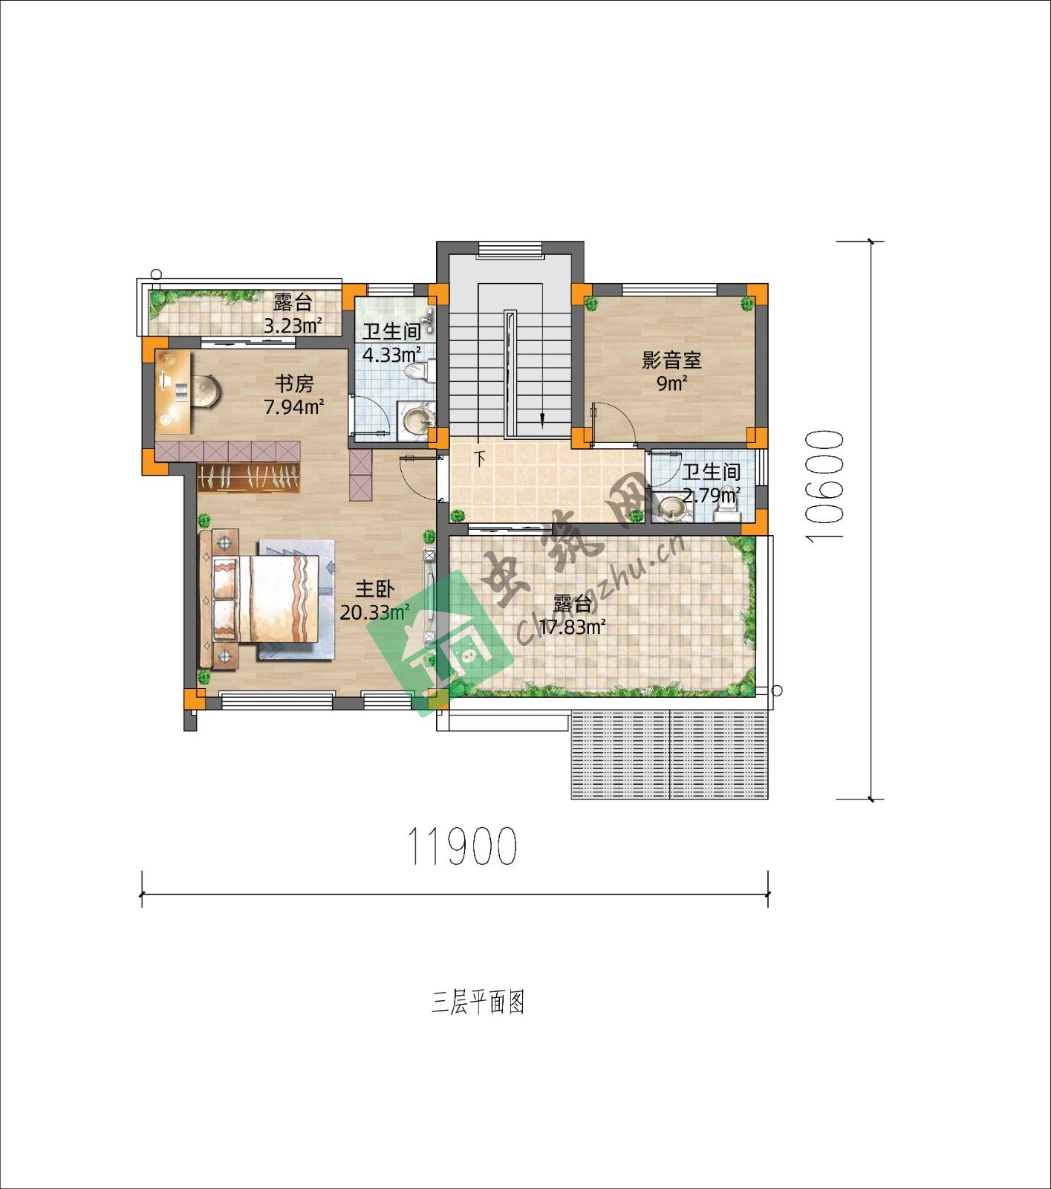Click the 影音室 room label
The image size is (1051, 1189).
(671, 361)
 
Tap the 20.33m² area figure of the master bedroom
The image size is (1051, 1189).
(374, 612)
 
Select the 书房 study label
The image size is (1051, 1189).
(295, 384)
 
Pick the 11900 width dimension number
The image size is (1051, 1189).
(462, 846)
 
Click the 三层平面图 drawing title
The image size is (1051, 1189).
(478, 1002)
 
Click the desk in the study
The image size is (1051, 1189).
(175, 392)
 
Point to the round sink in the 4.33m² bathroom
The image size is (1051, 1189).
(416, 418)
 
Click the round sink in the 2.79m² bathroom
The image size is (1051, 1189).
(674, 507)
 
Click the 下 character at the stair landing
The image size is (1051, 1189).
(481, 459)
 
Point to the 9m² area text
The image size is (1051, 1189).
(671, 383)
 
